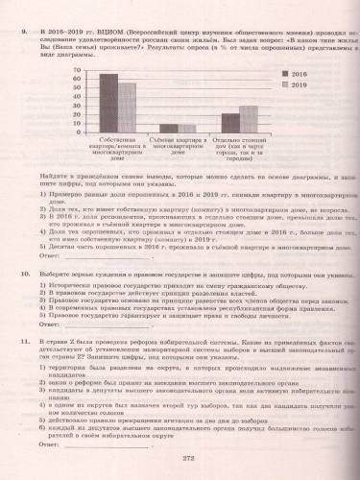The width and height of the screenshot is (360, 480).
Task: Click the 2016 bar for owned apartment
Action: [108, 103]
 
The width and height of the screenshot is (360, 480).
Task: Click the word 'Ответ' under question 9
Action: [50, 256]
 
